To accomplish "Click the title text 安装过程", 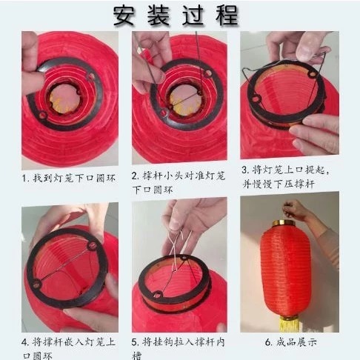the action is [176, 16].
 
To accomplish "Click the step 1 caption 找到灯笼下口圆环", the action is [74, 178].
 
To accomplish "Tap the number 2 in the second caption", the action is [135, 176].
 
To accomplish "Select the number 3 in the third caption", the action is [244, 170].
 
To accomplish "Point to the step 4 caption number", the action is [24, 342].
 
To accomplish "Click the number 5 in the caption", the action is [135, 342].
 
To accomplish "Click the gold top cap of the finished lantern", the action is [284, 224].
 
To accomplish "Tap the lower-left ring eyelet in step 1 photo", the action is [43, 115].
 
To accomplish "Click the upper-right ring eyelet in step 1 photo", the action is [90, 76].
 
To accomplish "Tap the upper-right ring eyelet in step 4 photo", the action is [92, 246].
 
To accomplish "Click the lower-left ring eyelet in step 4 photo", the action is [36, 284].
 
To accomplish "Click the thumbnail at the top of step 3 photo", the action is [309, 47].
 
